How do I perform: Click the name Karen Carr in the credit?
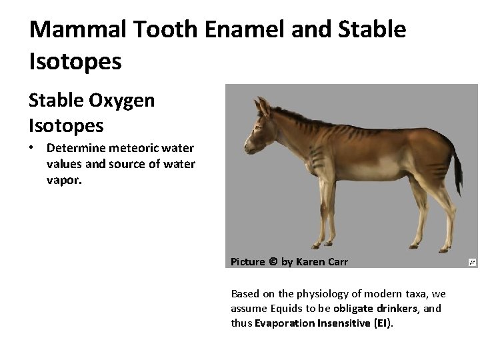pos(321,262)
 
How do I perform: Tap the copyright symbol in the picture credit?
pos(273,262)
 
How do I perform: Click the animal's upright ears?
pos(262,106)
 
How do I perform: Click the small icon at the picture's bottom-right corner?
pos(472,262)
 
